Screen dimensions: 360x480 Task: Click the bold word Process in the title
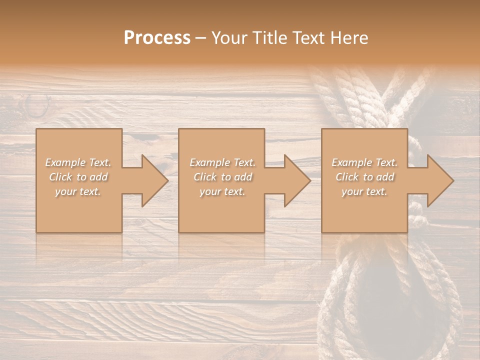(157, 38)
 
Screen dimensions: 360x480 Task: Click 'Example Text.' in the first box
(78, 162)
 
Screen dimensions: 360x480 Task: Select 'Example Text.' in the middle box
(222, 162)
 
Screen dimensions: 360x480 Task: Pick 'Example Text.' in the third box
(364, 162)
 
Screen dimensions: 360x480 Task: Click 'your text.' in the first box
(78, 191)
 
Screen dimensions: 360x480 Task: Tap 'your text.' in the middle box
(222, 191)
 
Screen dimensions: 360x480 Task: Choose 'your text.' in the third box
(364, 191)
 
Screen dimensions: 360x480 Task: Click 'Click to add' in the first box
(78, 177)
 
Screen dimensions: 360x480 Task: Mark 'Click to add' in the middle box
(222, 177)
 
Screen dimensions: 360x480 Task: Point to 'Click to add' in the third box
(364, 177)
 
